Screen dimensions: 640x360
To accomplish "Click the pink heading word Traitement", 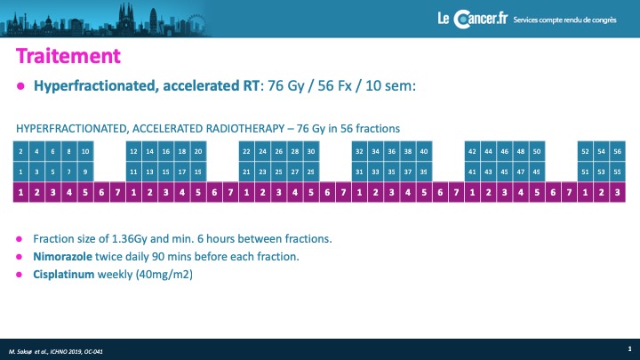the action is coord(68,56).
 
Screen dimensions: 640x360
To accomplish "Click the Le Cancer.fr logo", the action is coord(473,20).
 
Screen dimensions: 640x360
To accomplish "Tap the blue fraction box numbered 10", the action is coord(85,151).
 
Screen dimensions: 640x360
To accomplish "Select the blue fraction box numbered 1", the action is coord(20,172).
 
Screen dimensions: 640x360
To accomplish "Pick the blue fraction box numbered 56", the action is coord(618,151).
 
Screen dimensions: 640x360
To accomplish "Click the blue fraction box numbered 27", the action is coord(295,172).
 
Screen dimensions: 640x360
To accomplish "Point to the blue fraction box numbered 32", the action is coord(359,151).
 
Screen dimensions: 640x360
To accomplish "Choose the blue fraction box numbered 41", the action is coord(472,172).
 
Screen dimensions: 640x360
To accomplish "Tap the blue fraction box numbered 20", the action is coord(198,151).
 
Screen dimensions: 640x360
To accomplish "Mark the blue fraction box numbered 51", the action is coord(585,172).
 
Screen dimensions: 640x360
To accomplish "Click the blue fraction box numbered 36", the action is coord(391,151).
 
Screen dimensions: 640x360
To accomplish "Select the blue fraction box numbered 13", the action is coord(150,172).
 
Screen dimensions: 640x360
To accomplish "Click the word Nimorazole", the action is coord(62,257).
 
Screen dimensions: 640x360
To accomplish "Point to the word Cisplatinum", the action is coord(64,275).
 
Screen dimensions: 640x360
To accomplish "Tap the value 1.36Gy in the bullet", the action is coord(129,239).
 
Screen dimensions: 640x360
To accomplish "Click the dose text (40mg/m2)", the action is coord(165,275).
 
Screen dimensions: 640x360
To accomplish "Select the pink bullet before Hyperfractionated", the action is coord(20,86).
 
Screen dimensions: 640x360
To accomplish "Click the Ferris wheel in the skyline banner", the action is coord(196,24).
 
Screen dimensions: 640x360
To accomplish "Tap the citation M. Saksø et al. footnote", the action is coord(56,351).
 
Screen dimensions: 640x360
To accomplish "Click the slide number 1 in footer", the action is coord(630,349).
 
